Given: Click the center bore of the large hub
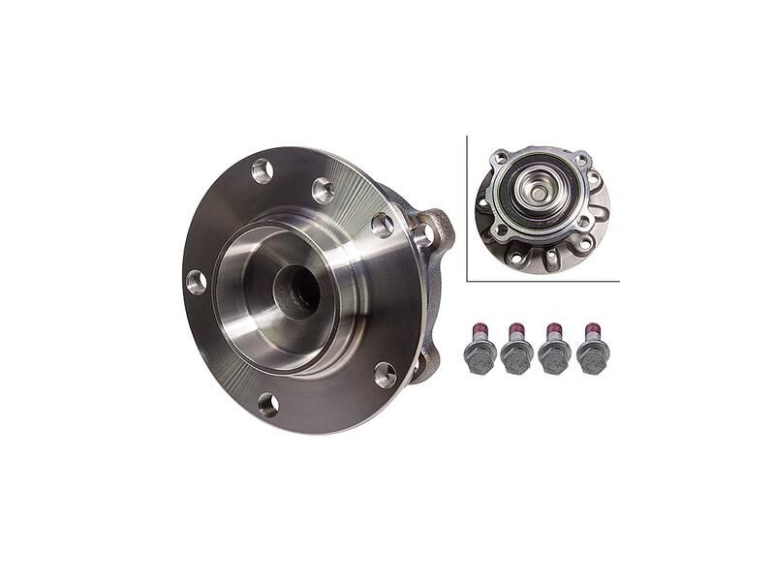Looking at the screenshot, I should pos(296,290).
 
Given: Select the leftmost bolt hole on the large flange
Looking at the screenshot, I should pos(197,282).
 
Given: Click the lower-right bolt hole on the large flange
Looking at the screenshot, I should pos(385,374).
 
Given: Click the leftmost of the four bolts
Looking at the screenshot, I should pos(480,349).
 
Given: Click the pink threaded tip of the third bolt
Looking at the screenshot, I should pos(554,326).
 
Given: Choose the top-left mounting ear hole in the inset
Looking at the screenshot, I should pos(499,159).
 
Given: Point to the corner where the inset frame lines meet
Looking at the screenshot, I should pos(468,280).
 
